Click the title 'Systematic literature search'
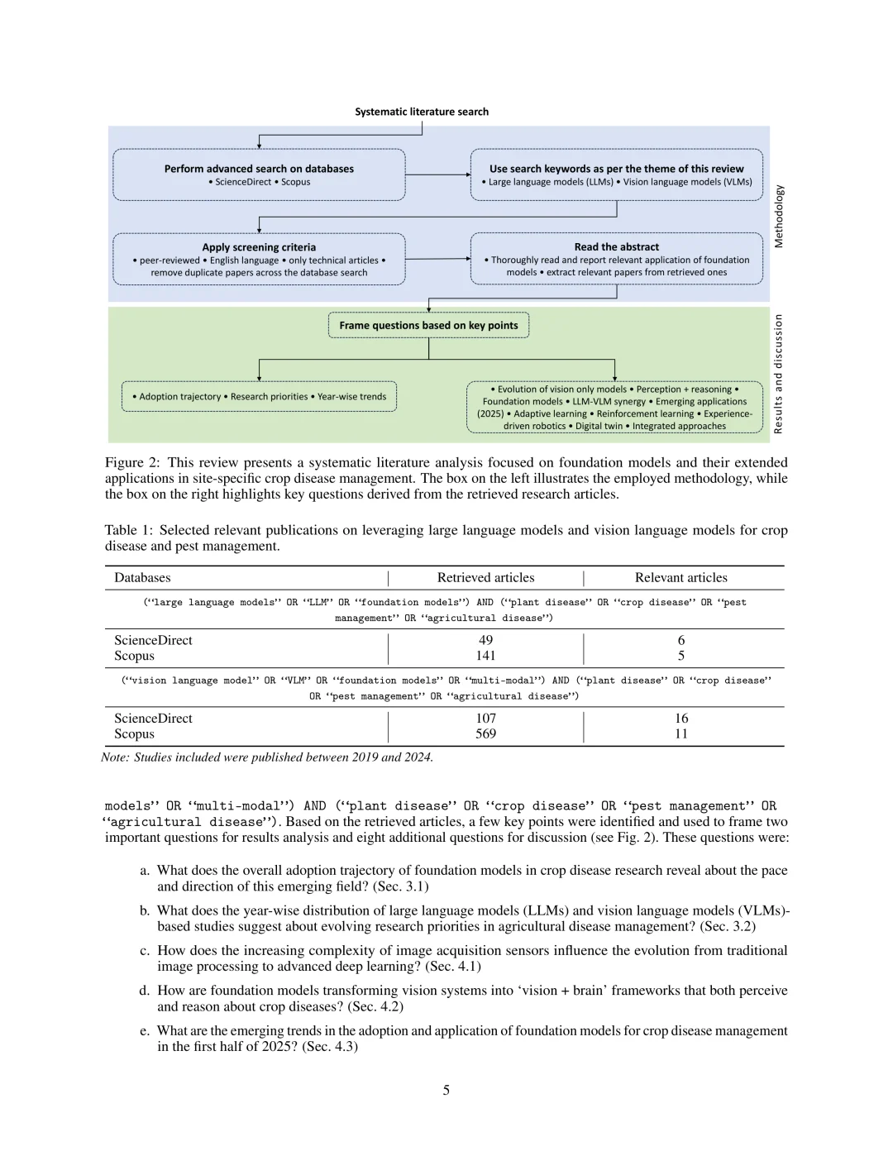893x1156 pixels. click(x=422, y=112)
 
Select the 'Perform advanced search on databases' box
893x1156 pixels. click(x=259, y=174)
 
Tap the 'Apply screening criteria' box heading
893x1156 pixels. click(x=259, y=247)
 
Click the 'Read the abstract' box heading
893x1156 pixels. click(x=616, y=247)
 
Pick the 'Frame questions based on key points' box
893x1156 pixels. click(x=428, y=325)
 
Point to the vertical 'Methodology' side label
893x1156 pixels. click(x=778, y=217)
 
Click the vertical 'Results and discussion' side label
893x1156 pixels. click(x=778, y=374)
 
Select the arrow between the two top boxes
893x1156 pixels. click(x=438, y=174)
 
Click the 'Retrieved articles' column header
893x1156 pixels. click(x=485, y=578)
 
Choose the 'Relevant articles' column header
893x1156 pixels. click(x=680, y=578)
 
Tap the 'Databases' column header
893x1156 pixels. click(x=142, y=578)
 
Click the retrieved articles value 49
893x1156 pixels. click(x=485, y=640)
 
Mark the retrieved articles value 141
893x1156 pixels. click(x=485, y=656)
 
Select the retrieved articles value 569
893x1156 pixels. click(x=485, y=734)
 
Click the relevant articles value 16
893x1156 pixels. click(x=681, y=719)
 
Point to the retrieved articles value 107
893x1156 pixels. click(x=485, y=719)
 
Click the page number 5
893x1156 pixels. click(x=446, y=1090)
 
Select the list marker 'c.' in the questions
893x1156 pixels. click(x=145, y=951)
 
